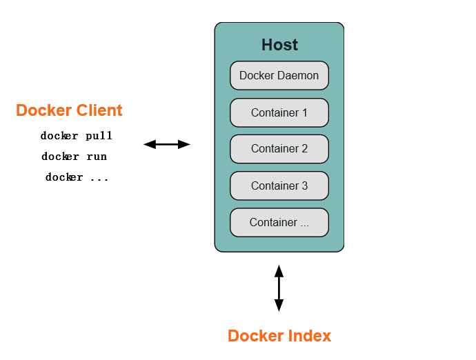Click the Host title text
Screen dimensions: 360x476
279,45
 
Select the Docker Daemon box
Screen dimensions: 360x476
279,76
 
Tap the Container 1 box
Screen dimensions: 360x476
279,112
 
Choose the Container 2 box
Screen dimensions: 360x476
279,149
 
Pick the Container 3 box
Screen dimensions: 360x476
279,186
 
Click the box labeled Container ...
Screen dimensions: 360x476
279,222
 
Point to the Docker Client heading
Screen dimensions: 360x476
69,110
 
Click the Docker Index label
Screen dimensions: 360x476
279,336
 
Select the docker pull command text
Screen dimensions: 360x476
76,136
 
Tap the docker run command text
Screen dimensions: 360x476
74,157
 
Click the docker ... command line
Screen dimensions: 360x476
77,177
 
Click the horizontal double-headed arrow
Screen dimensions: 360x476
166,144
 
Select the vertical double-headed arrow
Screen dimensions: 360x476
279,288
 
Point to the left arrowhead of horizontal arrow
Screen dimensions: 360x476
149,144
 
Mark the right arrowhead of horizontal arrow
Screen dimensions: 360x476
184,144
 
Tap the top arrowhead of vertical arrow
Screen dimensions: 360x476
279,270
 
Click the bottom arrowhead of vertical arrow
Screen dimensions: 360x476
279,306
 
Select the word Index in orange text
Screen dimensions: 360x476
308,336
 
